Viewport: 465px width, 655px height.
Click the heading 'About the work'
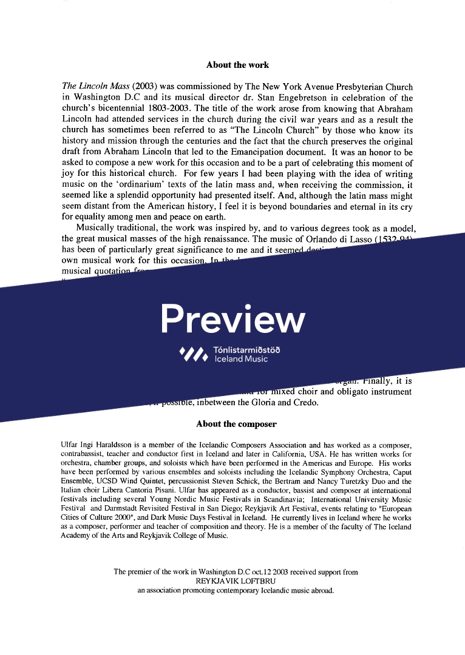coord(237,65)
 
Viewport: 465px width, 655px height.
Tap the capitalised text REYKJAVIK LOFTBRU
coord(236,580)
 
